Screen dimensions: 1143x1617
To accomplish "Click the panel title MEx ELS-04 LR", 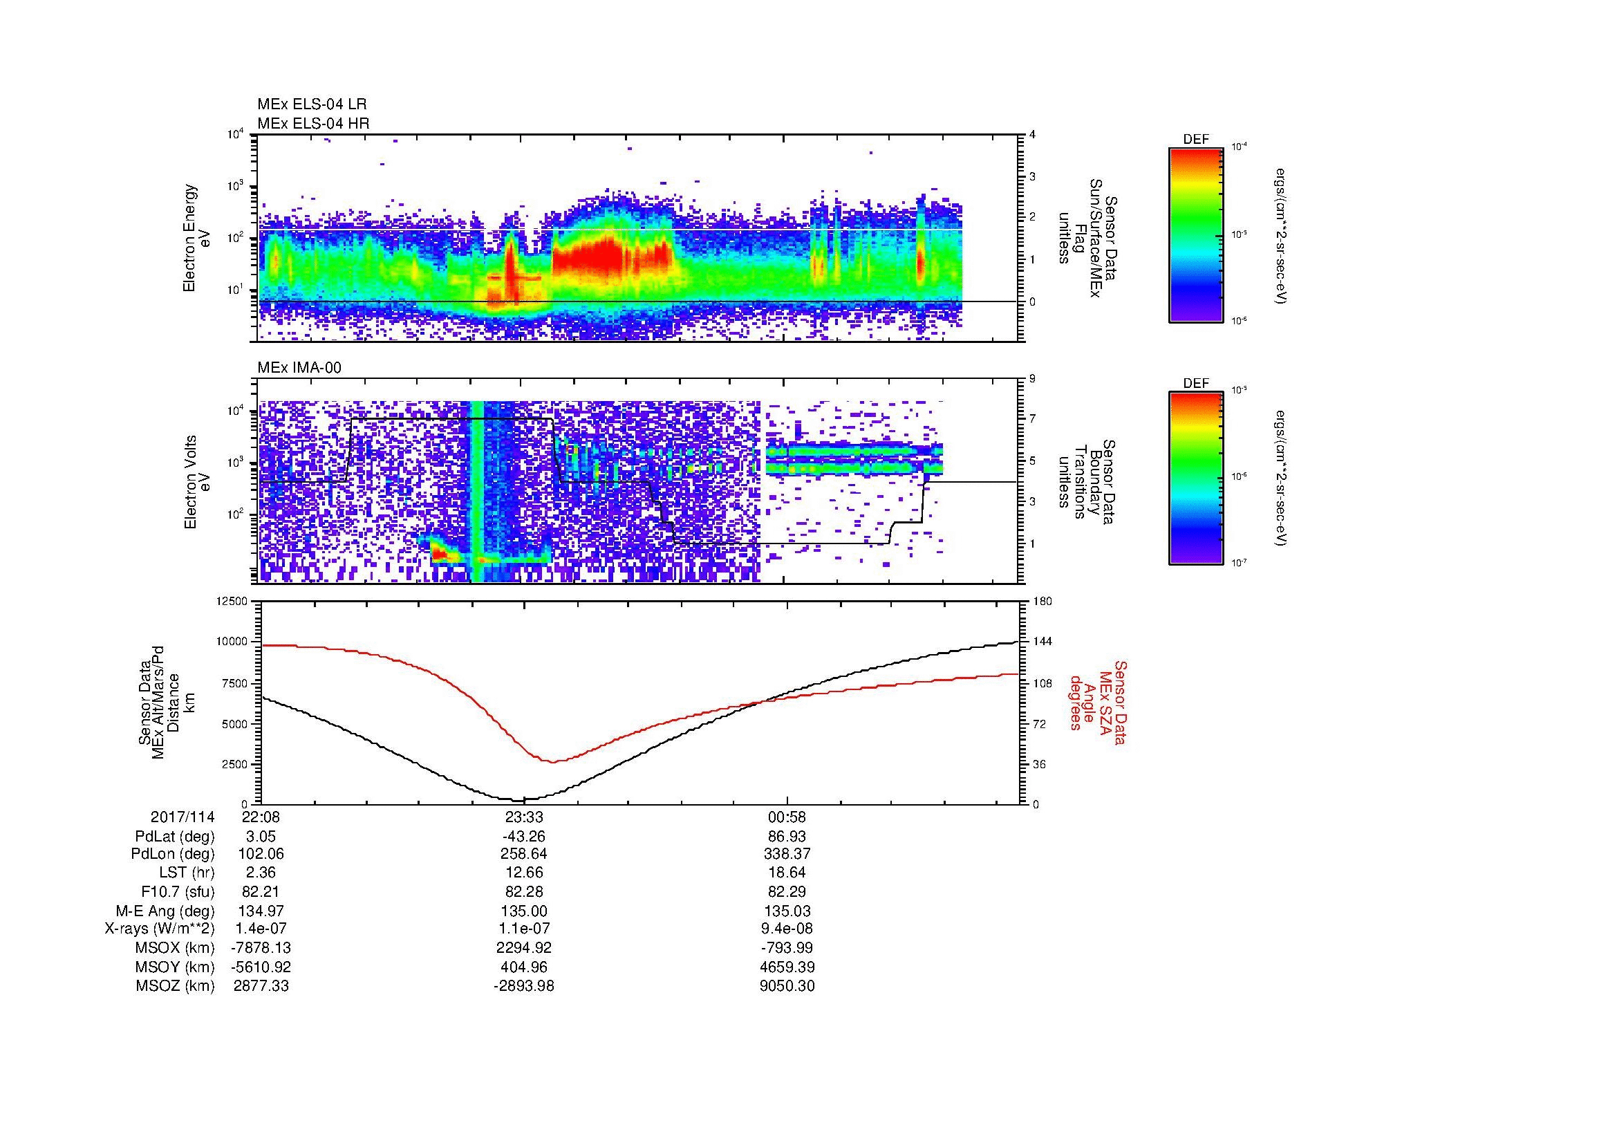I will point(311,105).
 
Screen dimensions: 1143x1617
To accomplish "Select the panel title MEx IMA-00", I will point(299,368).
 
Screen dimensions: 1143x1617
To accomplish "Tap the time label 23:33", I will point(523,817).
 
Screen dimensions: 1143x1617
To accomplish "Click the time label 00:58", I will point(787,817).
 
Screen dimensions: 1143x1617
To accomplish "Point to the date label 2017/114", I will point(183,817).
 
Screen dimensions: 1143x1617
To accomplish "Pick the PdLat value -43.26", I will point(523,837).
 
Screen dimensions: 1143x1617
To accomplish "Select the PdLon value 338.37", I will point(787,855).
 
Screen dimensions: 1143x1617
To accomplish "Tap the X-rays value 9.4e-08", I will point(787,929).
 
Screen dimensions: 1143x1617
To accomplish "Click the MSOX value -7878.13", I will point(261,949).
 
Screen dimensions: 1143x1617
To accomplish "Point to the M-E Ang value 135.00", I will point(523,911).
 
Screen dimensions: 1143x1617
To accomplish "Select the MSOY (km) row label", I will point(176,967).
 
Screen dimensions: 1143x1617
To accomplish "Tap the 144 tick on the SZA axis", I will point(1042,642).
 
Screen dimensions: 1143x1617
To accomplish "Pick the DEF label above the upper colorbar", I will point(1195,140).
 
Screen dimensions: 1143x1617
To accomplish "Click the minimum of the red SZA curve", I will point(554,762).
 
